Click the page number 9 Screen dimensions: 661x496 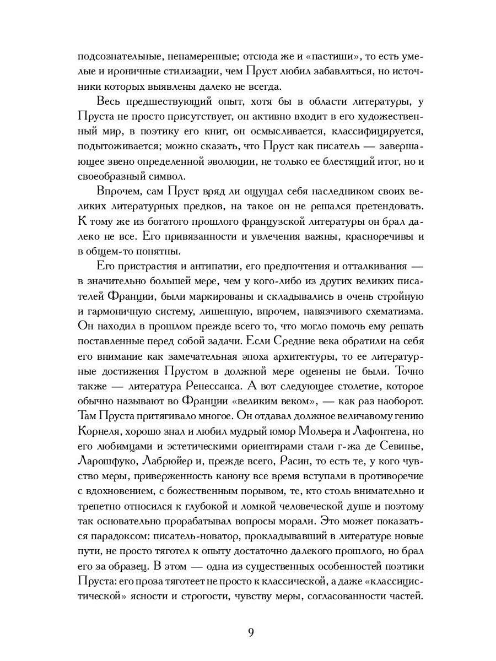point(251,632)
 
